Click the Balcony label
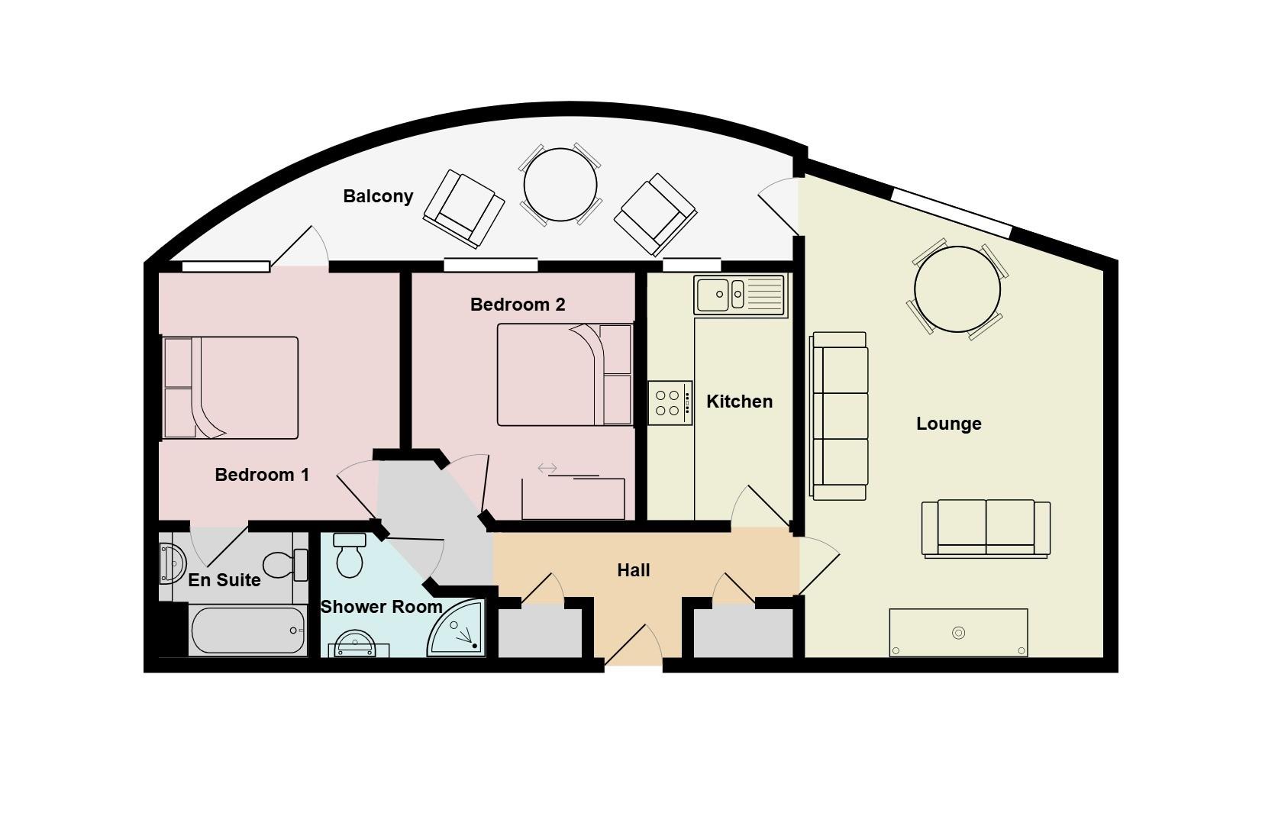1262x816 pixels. pyautogui.click(x=378, y=196)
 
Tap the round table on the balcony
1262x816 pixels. pyautogui.click(x=560, y=185)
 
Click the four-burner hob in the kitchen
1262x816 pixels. pyautogui.click(x=670, y=402)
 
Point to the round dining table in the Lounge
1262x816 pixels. pyautogui.click(x=957, y=289)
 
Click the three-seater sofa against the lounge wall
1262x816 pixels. pyautogui.click(x=840, y=416)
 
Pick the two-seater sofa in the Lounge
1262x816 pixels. pyautogui.click(x=986, y=527)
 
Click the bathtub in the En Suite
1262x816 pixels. pyautogui.click(x=247, y=631)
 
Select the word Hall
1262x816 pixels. pyautogui.click(x=633, y=570)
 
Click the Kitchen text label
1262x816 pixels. pyautogui.click(x=739, y=402)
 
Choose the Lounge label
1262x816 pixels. pyautogui.click(x=948, y=424)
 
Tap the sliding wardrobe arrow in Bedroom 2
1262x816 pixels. pyautogui.click(x=547, y=468)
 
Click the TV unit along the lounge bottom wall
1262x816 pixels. pyautogui.click(x=958, y=632)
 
